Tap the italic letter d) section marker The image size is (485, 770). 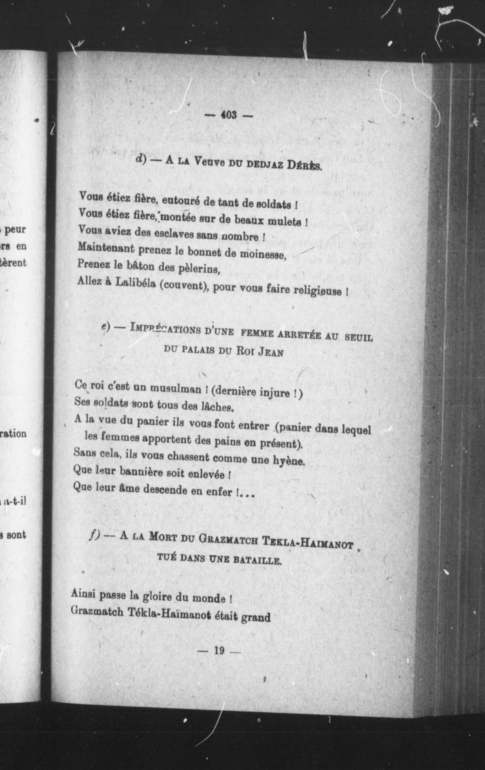click(141, 159)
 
